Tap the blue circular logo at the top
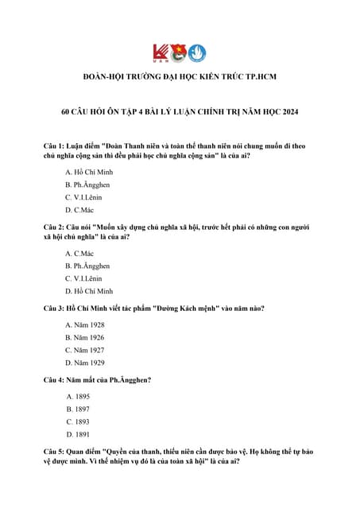point(199,52)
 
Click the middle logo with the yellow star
point(180,52)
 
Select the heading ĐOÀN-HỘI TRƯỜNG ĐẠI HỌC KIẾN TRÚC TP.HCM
point(179,76)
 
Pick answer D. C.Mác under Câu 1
point(80,209)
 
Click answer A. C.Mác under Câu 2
point(80,253)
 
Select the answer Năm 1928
point(85,324)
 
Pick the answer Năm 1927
point(85,350)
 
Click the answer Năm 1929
point(85,363)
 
